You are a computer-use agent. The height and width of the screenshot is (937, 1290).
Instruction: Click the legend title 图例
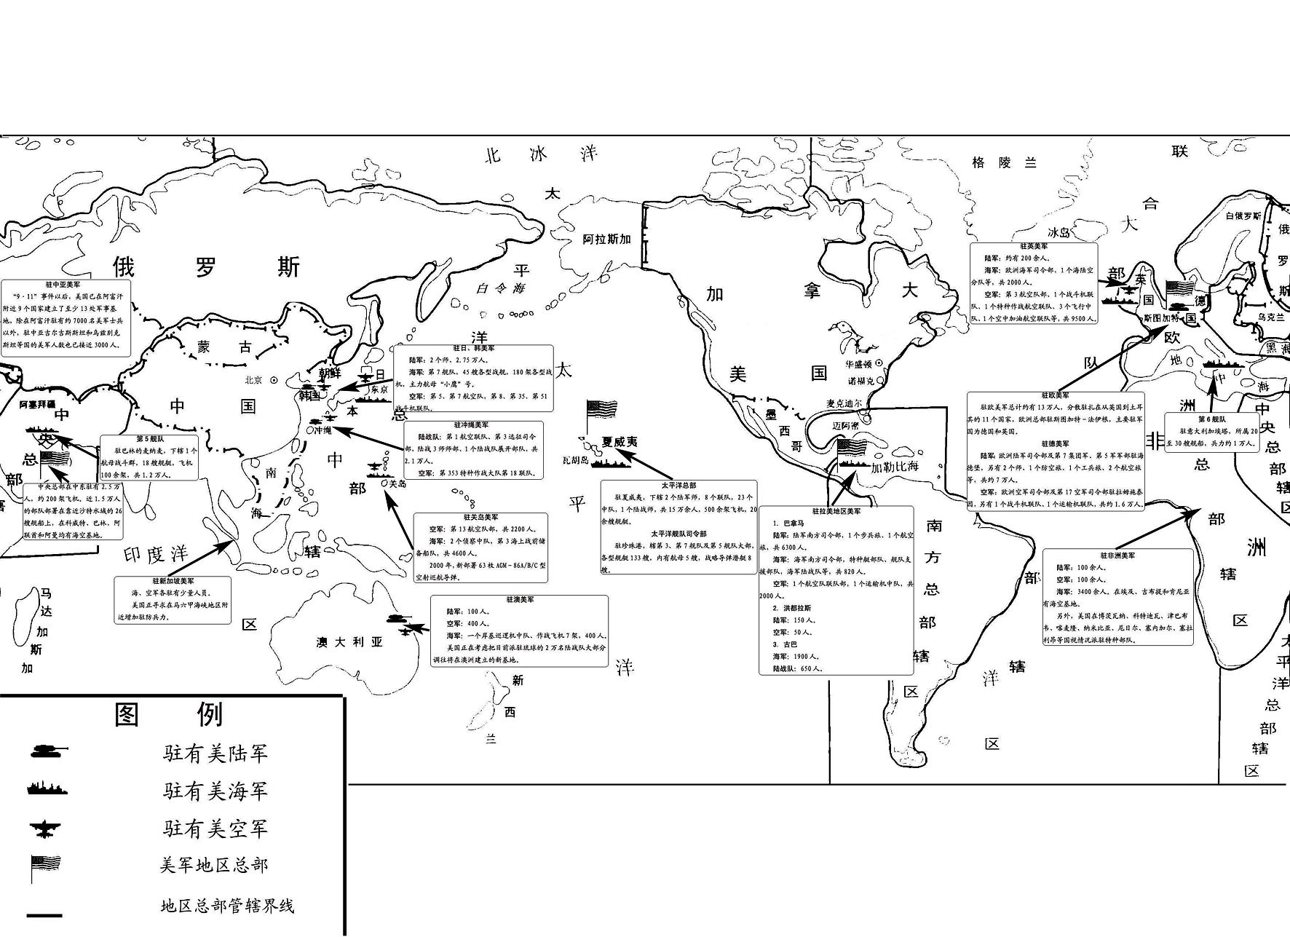coord(169,714)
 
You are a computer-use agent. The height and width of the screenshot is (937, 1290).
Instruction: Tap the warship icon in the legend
coord(48,789)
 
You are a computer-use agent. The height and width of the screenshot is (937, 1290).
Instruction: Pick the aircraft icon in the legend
coord(45,829)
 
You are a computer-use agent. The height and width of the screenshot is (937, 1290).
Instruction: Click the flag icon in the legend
coord(46,866)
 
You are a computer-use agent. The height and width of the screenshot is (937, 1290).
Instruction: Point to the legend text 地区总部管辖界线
coord(227,906)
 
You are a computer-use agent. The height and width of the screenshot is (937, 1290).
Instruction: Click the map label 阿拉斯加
coord(606,239)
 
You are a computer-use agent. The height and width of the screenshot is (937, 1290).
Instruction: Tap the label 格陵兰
coord(1004,162)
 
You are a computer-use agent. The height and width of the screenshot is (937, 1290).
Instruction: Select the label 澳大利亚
coord(349,642)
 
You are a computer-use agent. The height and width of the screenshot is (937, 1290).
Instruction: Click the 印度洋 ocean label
coord(156,554)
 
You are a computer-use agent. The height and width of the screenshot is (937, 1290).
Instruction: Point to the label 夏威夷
coord(619,442)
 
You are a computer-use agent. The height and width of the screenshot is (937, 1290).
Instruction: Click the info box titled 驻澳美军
coord(519,630)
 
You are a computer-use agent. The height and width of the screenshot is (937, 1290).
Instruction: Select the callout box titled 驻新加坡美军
coord(173,600)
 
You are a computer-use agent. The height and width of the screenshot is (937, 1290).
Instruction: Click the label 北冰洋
coord(542,154)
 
